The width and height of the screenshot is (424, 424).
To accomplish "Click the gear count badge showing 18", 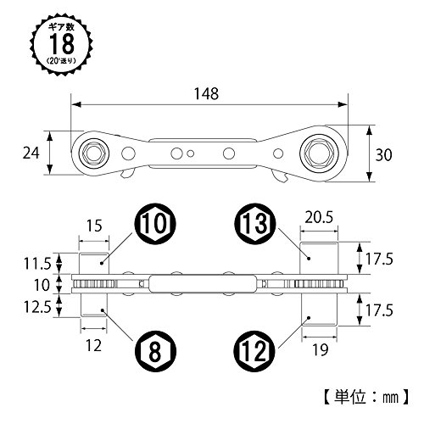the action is [61, 44].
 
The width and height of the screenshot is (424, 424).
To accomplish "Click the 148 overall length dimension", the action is [207, 93].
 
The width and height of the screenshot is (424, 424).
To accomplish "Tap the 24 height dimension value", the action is [31, 153].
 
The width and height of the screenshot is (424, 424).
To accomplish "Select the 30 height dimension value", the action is [383, 155].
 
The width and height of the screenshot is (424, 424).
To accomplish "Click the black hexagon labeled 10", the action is [154, 224].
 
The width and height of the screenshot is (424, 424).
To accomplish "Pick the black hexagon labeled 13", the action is [254, 224].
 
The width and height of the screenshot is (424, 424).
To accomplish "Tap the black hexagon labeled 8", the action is [154, 351].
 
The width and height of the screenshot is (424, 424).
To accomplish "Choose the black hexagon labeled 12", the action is [254, 351].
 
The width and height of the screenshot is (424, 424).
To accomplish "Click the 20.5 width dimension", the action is [319, 217].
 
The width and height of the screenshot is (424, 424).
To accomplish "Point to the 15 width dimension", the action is [94, 226].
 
